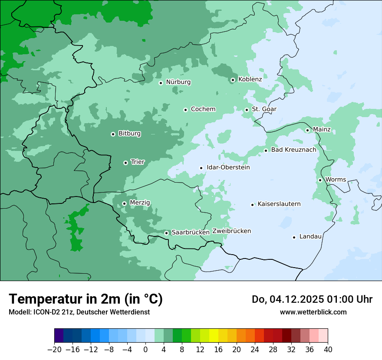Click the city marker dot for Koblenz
point(233,80)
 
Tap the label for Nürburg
point(178,82)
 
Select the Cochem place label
point(203,109)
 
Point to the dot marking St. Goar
point(247,110)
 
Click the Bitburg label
point(129,134)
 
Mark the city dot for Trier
point(125,163)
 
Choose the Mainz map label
point(322,129)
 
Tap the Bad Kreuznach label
point(293,150)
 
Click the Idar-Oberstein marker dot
point(201,168)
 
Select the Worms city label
point(336,180)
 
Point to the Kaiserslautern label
point(279,204)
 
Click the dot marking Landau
point(294,237)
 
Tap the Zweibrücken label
point(231,231)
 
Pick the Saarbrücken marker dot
point(166,233)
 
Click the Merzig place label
point(140,203)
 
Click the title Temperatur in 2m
point(86,299)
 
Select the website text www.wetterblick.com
point(313,312)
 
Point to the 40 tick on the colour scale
point(328,350)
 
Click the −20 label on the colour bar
point(54,350)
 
